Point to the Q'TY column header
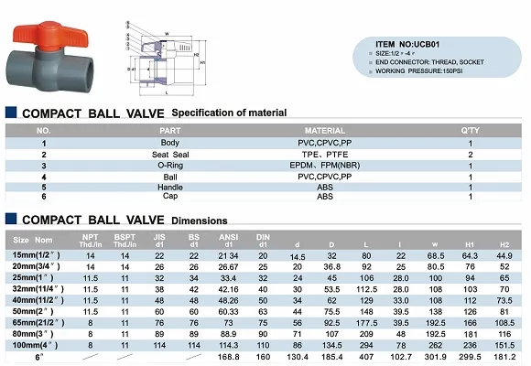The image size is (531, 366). (x=469, y=131)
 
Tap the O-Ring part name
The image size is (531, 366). (x=171, y=166)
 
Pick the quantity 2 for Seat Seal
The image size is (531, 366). (x=469, y=155)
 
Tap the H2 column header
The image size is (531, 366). (x=502, y=243)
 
